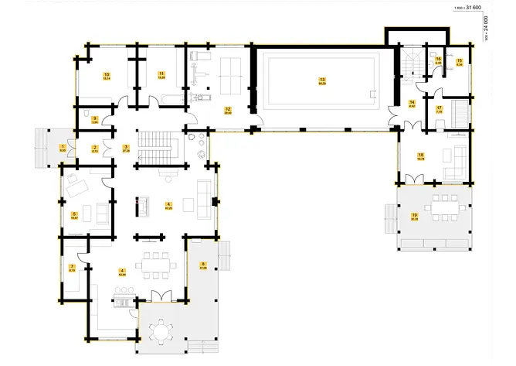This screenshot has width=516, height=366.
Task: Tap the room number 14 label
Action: pos(412,102)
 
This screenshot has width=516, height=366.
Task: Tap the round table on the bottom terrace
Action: pos(160,334)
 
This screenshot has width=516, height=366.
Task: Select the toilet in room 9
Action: pos(83,119)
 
